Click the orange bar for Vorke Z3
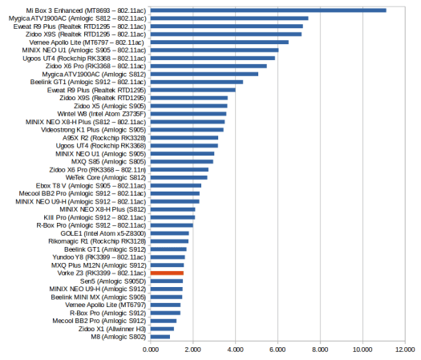pyautogui.click(x=167, y=273)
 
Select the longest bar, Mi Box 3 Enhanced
pyautogui.click(x=269, y=10)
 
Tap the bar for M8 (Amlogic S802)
pyautogui.click(x=160, y=337)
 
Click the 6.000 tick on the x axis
pyautogui.click(x=277, y=350)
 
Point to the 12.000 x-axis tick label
pyautogui.click(x=405, y=350)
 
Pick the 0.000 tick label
pyautogui.click(x=151, y=350)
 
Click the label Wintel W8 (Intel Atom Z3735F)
pyautogui.click(x=102, y=114)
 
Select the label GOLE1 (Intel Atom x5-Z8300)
pyautogui.click(x=103, y=233)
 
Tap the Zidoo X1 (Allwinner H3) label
pyautogui.click(x=112, y=329)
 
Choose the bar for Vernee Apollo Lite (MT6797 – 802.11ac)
pyautogui.click(x=220, y=42)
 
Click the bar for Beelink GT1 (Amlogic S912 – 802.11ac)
pyautogui.click(x=196, y=82)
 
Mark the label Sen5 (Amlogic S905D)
pyautogui.click(x=113, y=281)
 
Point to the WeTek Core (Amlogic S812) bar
pyautogui.click(x=179, y=177)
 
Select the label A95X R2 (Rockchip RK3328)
pyautogui.click(x=104, y=138)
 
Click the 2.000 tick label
pyautogui.click(x=192, y=350)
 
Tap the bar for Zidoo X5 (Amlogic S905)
pyautogui.click(x=189, y=106)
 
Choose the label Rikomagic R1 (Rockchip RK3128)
pyautogui.click(x=97, y=241)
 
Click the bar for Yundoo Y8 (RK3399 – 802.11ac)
pyautogui.click(x=168, y=257)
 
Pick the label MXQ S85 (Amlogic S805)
pyautogui.click(x=108, y=162)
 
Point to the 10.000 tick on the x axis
pyautogui.click(x=362, y=350)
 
